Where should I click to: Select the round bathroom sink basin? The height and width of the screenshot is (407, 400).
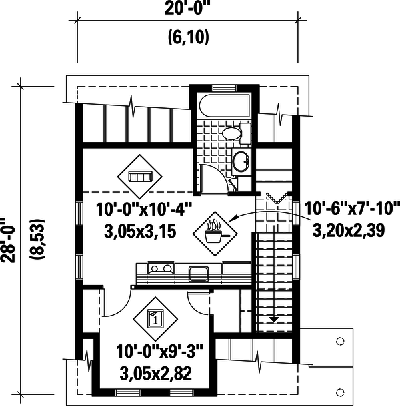pos(241,160)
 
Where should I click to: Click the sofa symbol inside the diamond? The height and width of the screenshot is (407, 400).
pos(141,177)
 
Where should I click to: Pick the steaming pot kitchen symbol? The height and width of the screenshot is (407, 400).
pos(215,232)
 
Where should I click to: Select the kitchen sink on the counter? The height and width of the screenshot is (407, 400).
pos(198,272)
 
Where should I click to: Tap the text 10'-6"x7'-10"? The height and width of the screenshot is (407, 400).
pos(351,210)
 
